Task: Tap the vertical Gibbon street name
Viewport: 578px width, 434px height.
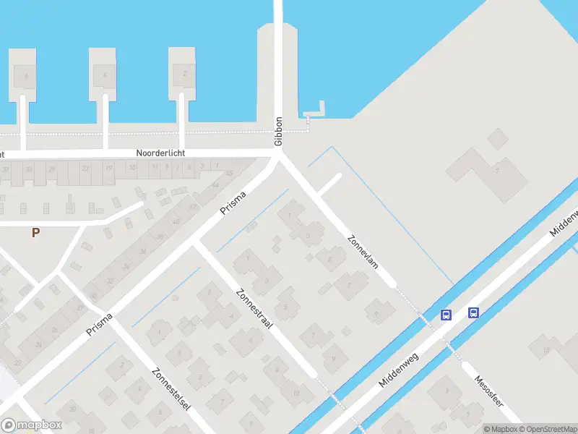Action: coord(278,132)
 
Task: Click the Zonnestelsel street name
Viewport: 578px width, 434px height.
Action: coord(171,389)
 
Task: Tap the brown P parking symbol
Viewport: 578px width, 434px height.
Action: coord(35,233)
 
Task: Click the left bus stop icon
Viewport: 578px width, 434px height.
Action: coord(446,315)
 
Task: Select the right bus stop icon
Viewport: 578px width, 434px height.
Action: coord(473,312)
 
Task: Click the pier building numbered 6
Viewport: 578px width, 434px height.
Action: coord(25,74)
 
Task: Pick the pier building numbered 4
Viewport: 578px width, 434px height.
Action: coord(105,74)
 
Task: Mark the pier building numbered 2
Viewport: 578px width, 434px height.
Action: coord(185,74)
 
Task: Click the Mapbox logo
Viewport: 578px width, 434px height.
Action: coord(32,425)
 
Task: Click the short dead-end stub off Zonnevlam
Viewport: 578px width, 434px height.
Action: coord(329,184)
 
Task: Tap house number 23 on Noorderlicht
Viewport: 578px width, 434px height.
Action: coord(85,168)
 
